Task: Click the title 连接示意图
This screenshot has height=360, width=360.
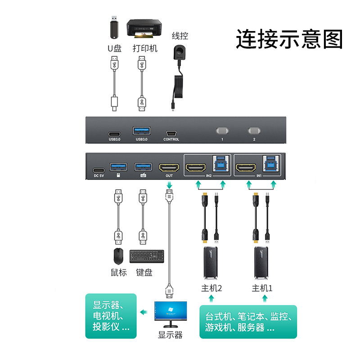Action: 289,39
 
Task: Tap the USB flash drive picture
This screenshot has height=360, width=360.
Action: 114,28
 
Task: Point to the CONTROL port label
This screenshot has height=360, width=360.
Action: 171,139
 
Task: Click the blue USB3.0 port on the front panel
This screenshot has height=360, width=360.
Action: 141,131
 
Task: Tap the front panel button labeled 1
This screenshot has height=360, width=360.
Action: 222,131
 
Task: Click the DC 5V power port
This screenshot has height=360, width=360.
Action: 99,170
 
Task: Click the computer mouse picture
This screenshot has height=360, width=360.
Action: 118,256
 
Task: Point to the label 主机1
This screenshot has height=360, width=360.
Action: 262,288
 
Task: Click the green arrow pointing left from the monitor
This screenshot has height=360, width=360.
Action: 144,312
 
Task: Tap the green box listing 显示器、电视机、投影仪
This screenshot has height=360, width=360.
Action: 111,316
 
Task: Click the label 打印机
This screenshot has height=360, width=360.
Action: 145,48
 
